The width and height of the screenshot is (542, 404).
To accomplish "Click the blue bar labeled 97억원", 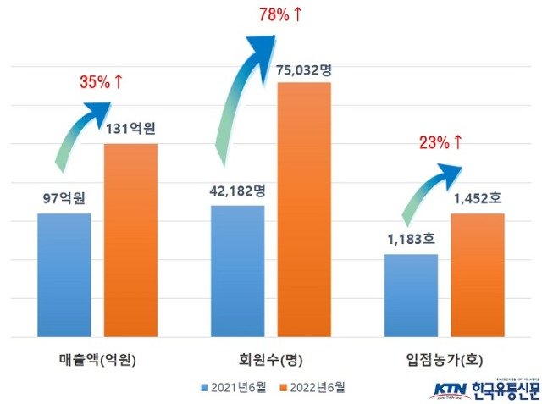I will (x=64, y=274).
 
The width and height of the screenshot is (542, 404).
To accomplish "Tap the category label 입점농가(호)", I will (x=446, y=358).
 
